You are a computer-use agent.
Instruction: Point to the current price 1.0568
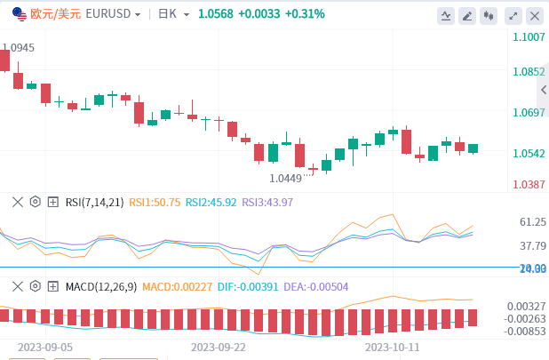pos(216,14)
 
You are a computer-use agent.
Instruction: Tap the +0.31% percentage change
pos(305,14)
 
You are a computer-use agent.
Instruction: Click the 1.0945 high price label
pos(18,48)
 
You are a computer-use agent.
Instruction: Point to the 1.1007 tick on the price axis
pos(529,37)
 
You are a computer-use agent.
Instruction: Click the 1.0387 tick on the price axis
pos(529,185)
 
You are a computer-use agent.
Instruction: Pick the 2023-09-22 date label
pos(218,348)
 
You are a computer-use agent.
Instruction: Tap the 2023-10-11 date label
pos(392,348)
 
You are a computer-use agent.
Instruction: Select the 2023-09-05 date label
pos(45,348)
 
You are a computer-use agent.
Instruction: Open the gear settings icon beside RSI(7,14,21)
pos(36,202)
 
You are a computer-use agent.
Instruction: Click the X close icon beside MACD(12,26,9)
pos(17,286)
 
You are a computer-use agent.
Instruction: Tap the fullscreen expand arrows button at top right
pos(512,15)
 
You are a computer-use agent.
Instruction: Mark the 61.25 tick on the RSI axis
pos(533,222)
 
